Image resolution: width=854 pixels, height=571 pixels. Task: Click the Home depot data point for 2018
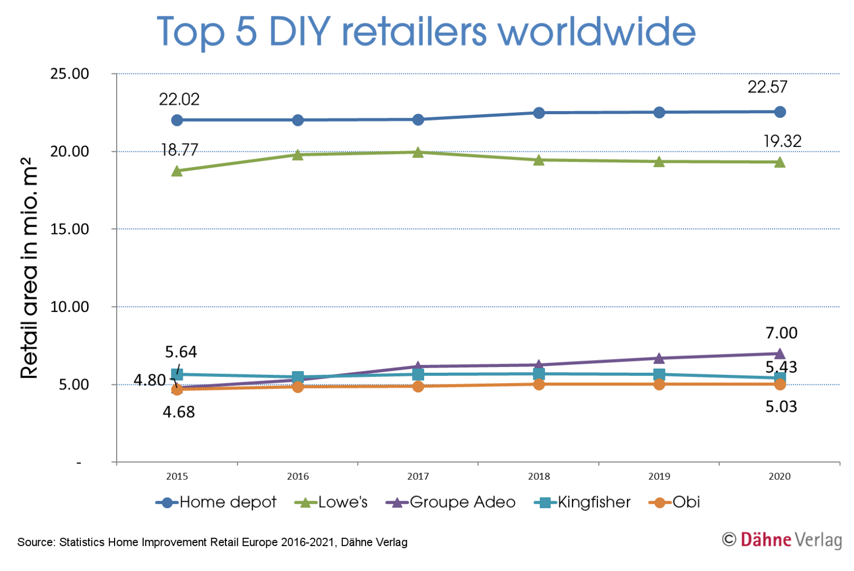539,113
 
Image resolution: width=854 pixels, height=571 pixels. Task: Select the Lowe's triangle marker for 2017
418,153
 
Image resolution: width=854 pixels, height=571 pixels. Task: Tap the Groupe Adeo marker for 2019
659,358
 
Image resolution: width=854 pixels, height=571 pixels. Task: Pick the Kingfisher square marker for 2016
298,377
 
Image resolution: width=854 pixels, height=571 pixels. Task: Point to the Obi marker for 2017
418,386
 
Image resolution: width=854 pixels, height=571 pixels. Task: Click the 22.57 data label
767,87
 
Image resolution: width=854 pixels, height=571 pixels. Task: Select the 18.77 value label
180,150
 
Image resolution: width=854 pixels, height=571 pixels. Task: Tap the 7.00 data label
781,333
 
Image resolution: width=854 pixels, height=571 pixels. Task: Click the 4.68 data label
179,412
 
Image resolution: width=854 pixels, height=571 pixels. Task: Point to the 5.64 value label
181,352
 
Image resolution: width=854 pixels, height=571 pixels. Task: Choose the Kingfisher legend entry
583,502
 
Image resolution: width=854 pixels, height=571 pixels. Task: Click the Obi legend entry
675,502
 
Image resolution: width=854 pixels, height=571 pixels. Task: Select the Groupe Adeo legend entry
451,502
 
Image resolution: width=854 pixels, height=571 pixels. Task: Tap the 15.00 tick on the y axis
70,229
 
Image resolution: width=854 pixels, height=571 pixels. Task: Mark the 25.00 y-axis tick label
70,74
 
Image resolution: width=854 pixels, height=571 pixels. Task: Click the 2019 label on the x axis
659,476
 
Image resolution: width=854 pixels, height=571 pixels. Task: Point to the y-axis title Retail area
30,268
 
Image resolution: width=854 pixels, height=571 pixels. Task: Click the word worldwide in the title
597,32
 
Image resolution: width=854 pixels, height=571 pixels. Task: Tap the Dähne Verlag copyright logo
782,540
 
